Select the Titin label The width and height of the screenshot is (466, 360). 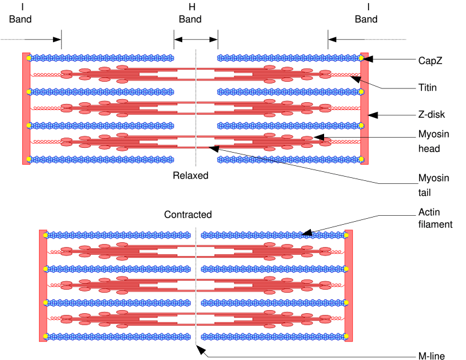[x=428, y=88]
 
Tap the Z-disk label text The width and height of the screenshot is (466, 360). [x=431, y=115]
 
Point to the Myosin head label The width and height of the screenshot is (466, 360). [x=433, y=141]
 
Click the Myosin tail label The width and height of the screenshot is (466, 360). [x=433, y=185]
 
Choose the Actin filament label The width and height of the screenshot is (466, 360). [x=435, y=218]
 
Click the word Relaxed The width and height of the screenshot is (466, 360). [x=190, y=176]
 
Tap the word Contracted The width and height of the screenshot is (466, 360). [x=188, y=215]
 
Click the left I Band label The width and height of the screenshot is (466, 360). [x=20, y=13]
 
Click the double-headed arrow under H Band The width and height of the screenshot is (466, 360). [x=196, y=40]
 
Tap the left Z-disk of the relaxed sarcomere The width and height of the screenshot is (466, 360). [x=26, y=108]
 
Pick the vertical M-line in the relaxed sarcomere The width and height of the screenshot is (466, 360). [x=196, y=108]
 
